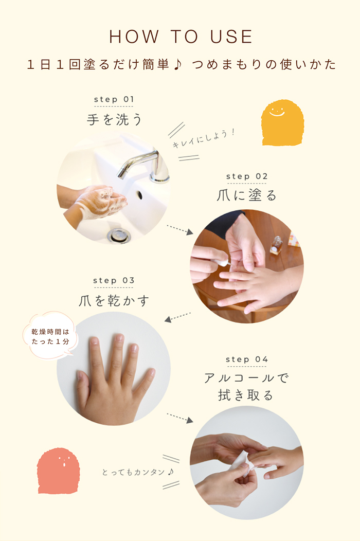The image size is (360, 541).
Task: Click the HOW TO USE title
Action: click(x=181, y=37)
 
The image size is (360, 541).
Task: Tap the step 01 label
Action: click(x=114, y=99)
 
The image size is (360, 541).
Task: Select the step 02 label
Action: click(x=247, y=176)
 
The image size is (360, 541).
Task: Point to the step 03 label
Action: click(x=114, y=280)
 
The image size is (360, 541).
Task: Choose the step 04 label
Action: click(x=247, y=359)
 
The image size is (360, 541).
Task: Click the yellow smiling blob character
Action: click(x=282, y=123)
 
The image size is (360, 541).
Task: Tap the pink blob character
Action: click(x=58, y=471)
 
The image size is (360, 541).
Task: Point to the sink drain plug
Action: click(x=119, y=236)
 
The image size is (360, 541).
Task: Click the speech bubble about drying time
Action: click(x=51, y=336)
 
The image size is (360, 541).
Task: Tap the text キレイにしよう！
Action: click(x=204, y=138)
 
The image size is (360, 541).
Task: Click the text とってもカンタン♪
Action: click(x=138, y=472)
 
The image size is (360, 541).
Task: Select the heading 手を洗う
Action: click(x=114, y=119)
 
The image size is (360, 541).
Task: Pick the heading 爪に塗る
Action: click(x=246, y=195)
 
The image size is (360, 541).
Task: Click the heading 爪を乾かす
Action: click(x=114, y=300)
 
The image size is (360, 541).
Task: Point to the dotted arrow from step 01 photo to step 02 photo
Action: click(x=180, y=230)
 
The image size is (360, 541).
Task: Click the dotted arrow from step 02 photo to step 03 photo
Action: click(x=177, y=317)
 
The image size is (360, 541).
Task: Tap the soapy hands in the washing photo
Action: click(x=100, y=201)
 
